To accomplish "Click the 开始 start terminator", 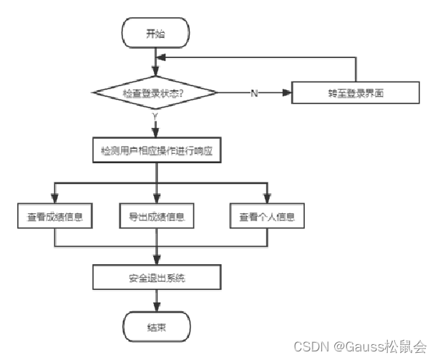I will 156,33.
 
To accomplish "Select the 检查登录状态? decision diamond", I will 155,92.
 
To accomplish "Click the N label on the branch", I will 254,93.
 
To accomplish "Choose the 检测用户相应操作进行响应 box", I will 156,152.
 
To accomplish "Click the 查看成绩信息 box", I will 55,216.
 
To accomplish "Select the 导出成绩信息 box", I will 156,216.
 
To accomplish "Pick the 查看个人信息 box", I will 268,216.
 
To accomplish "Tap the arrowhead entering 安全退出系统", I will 156,261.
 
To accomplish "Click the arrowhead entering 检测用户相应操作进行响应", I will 156,134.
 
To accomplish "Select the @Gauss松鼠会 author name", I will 388,345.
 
